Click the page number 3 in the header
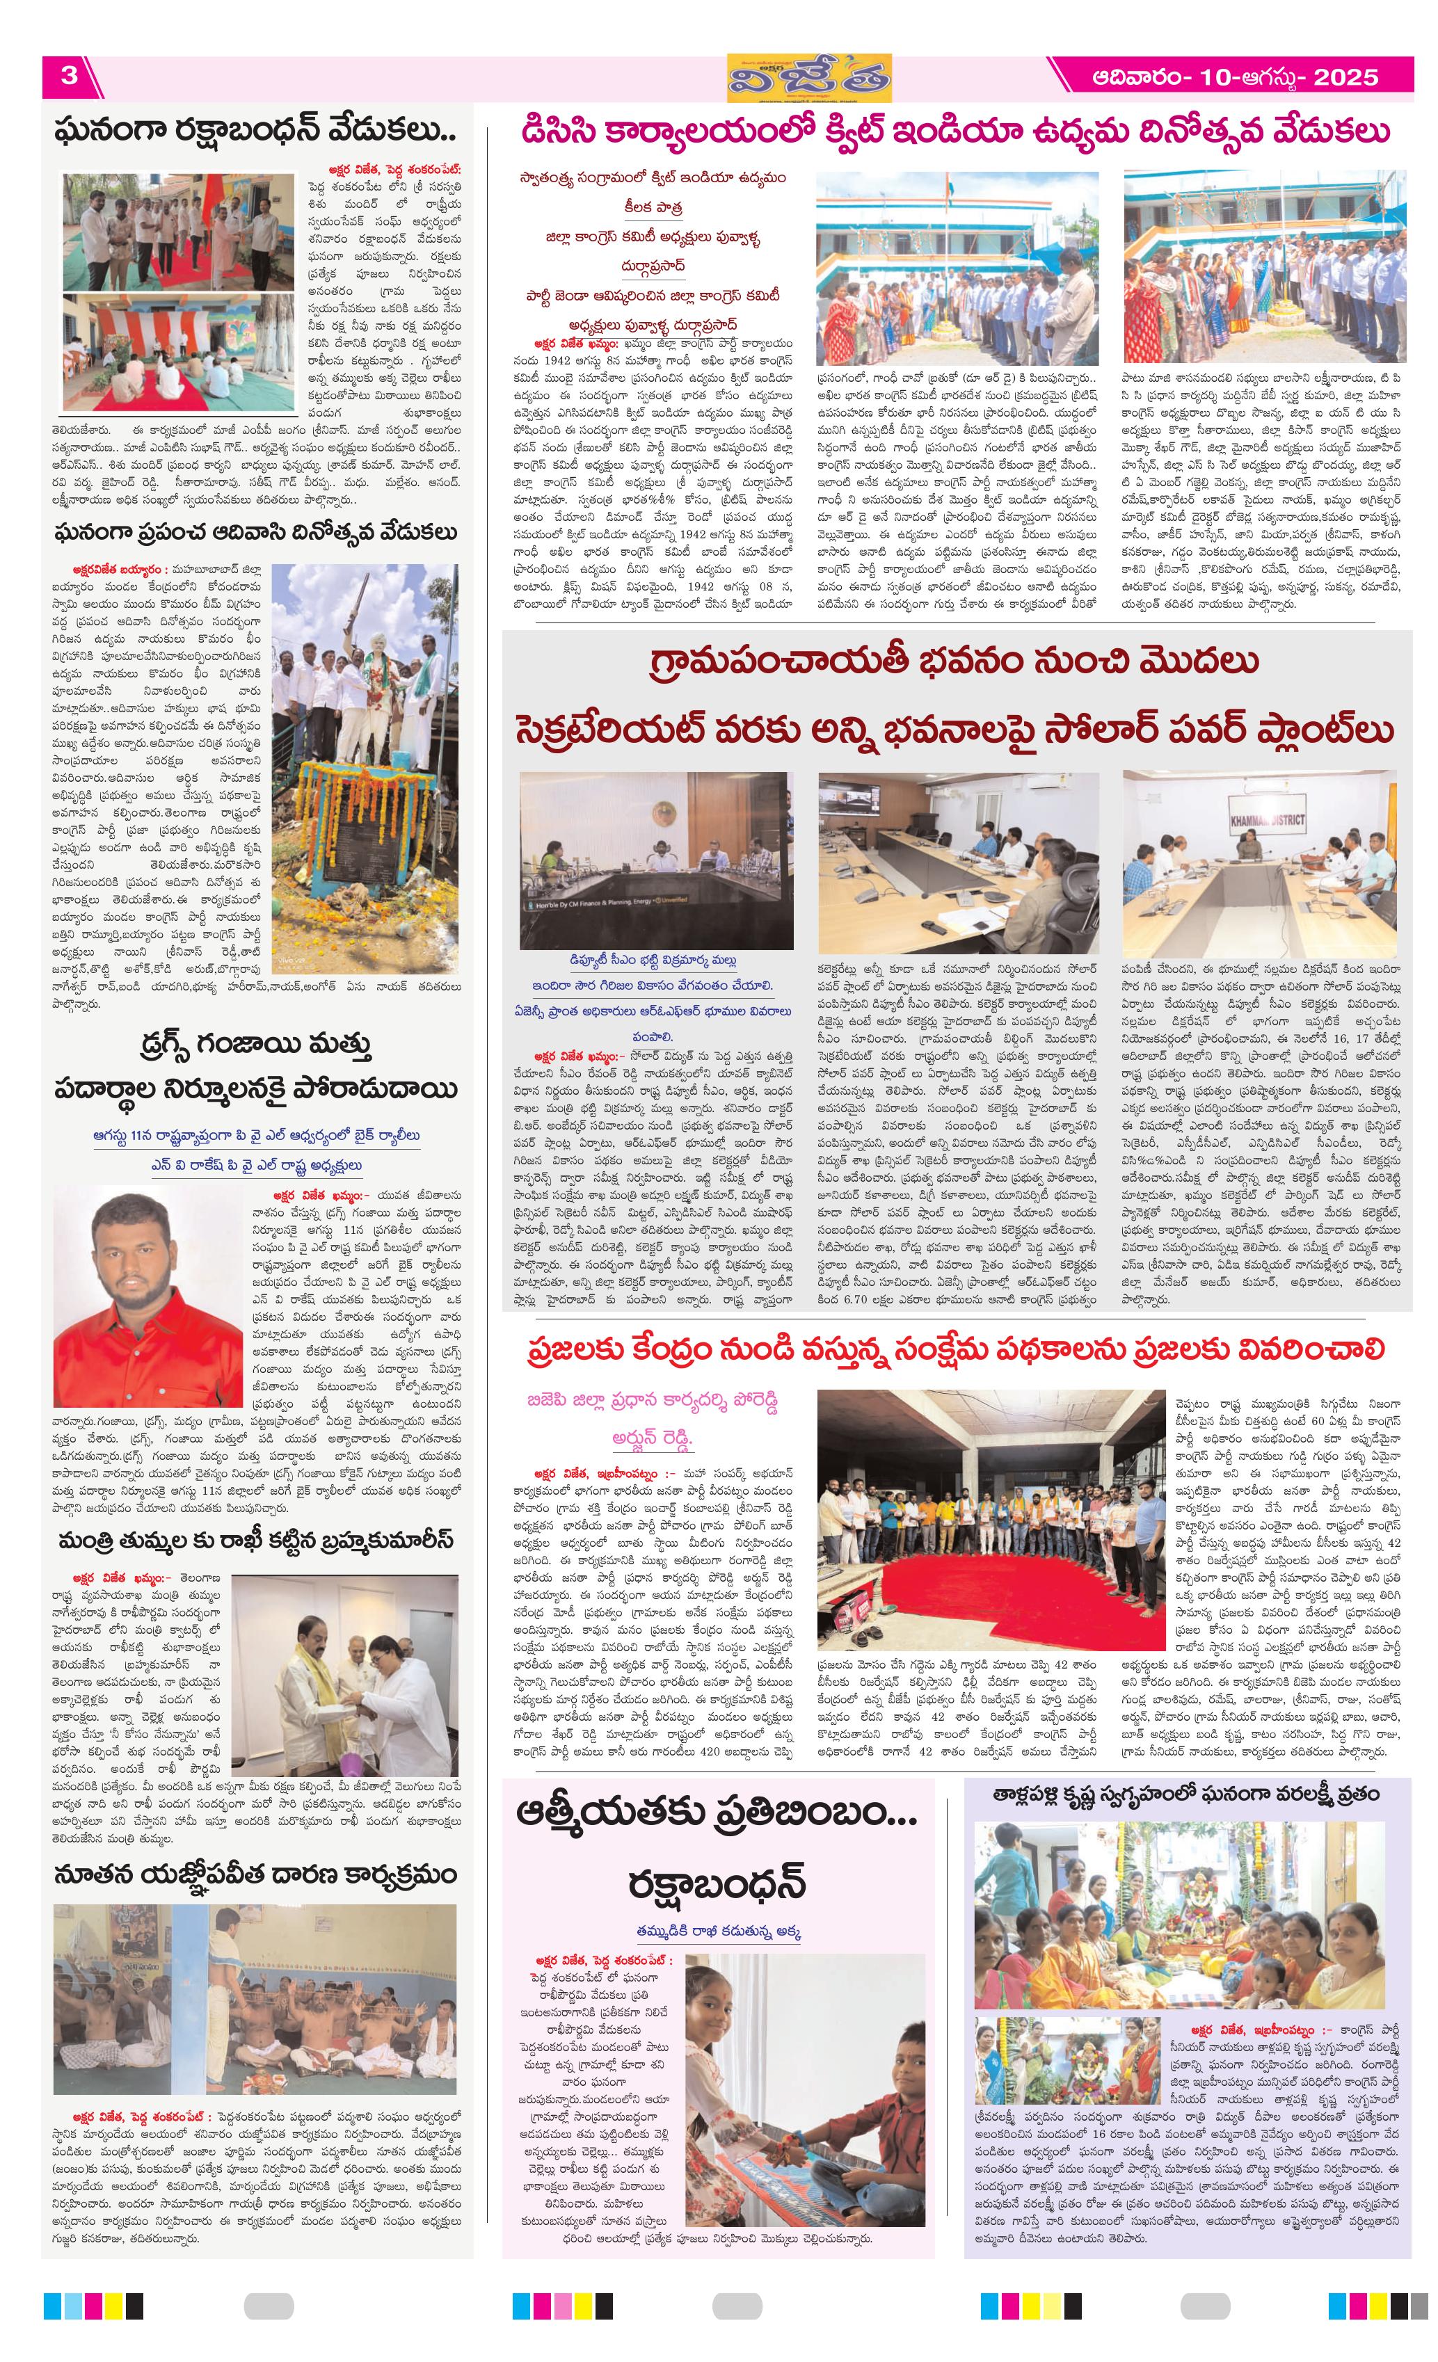(x=69, y=76)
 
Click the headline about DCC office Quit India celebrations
(x=954, y=132)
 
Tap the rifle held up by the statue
(x=355, y=603)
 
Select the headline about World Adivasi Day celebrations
(x=256, y=533)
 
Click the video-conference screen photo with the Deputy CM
(x=656, y=860)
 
